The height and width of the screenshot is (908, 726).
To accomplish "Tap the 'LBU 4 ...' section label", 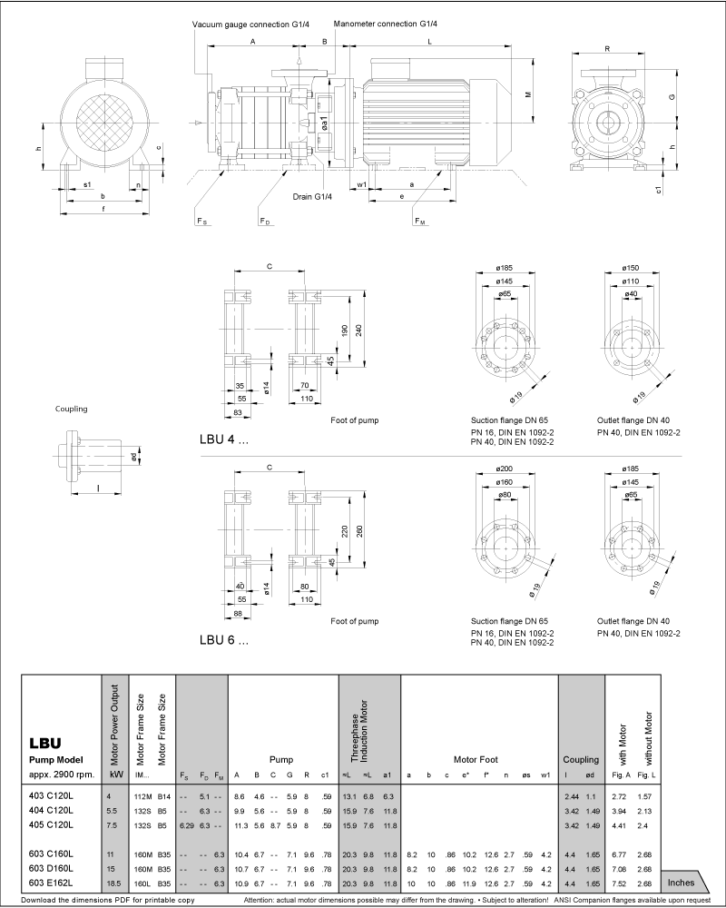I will pos(223,438).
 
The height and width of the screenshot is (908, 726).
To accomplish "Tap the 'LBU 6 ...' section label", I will pos(223,639).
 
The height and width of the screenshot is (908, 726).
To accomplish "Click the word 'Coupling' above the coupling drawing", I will pos(72,410).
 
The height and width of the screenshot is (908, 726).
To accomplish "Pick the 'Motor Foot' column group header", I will pos(477,759).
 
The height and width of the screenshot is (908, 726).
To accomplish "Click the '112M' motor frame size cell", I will pos(142,794).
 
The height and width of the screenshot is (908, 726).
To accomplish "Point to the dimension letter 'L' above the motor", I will pos(428,42).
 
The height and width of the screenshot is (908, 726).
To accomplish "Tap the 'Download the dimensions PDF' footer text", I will pos(107,901).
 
